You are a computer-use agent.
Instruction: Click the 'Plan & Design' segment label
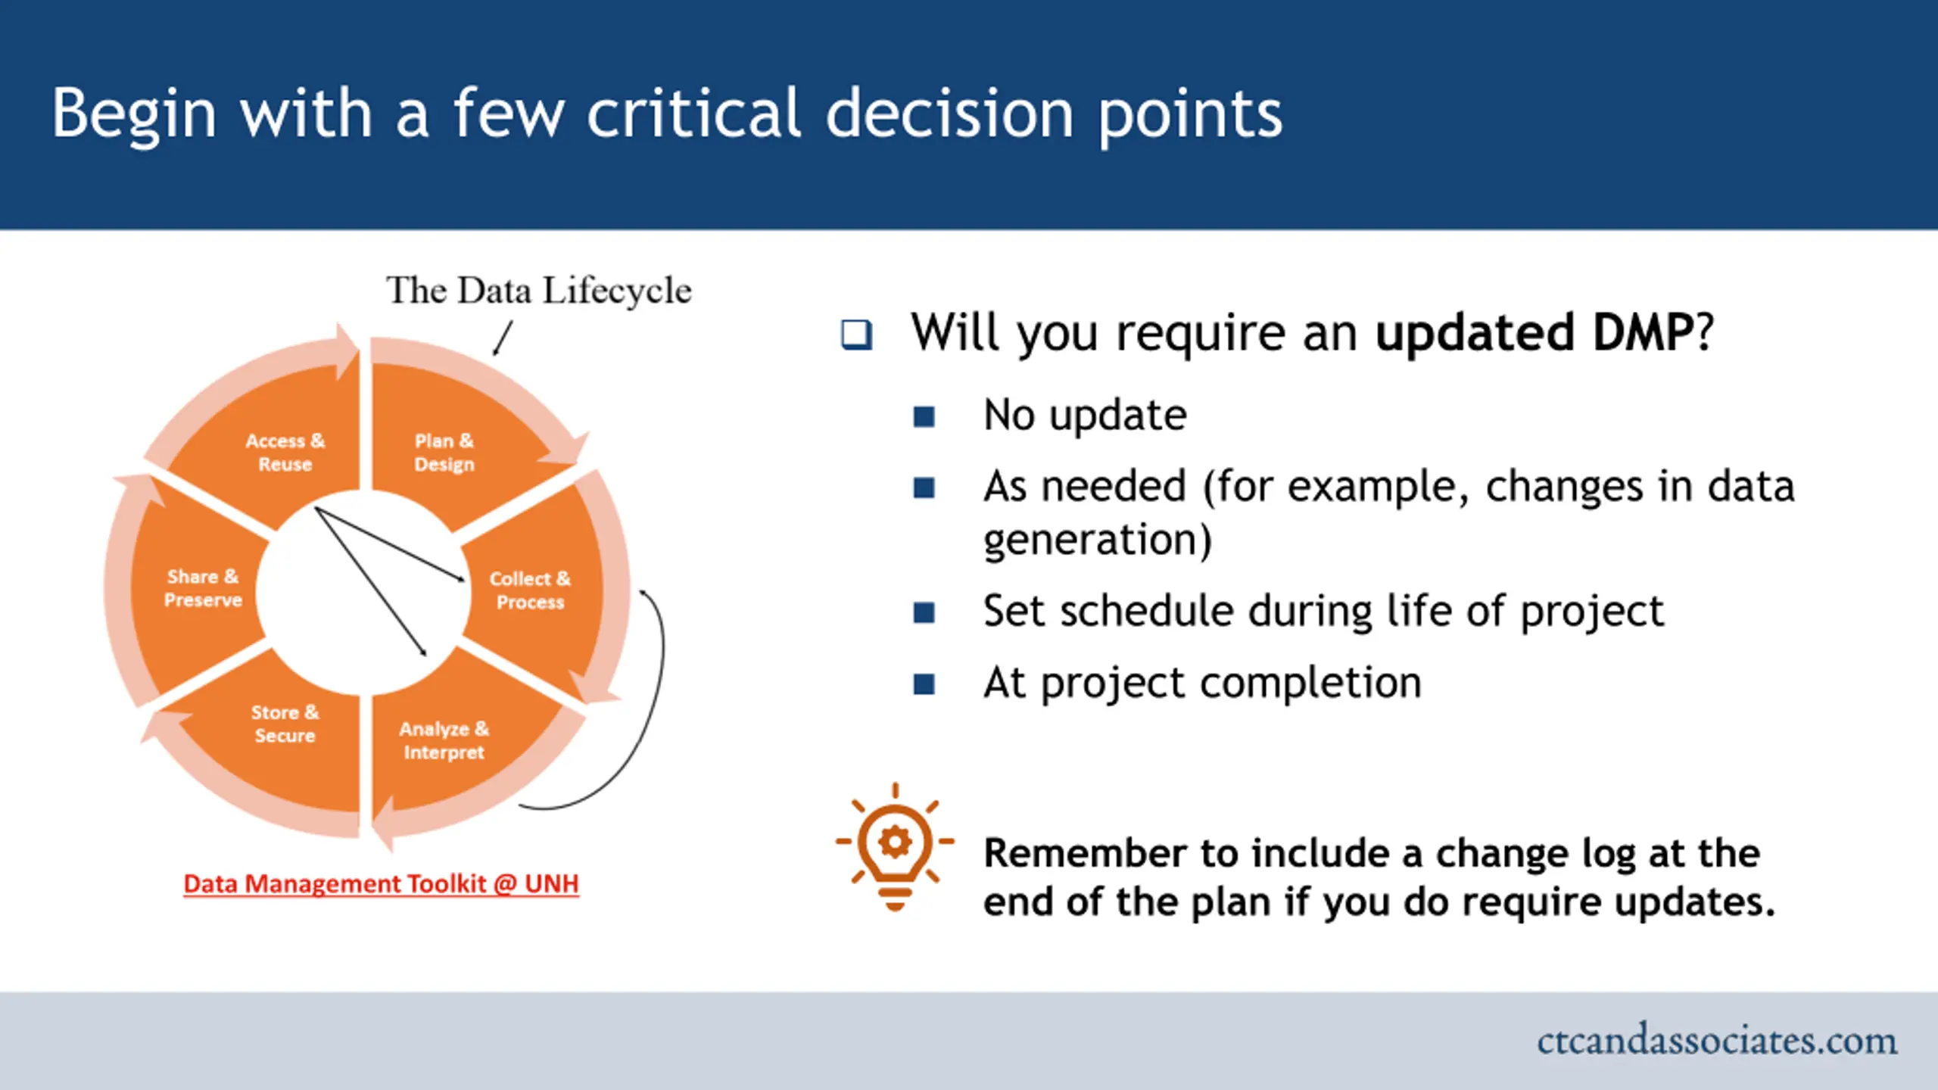444,452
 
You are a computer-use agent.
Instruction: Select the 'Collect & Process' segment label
530,590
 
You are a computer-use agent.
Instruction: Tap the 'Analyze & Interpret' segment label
444,740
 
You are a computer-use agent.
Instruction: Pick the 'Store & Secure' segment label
285,724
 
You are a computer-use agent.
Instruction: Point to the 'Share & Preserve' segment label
203,588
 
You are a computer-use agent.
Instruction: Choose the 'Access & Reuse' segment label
285,452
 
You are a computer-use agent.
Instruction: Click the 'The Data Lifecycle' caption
539,291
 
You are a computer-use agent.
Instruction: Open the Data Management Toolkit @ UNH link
382,883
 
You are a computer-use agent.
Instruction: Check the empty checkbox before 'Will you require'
856,334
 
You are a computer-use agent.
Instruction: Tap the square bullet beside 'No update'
924,416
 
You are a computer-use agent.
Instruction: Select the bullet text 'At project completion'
1202,684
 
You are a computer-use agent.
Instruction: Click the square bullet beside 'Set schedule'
924,612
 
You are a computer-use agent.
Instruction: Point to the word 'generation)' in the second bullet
1098,540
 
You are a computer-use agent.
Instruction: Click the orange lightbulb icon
895,847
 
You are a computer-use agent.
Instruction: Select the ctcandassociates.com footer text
1717,1041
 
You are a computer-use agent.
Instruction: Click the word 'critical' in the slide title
694,114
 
